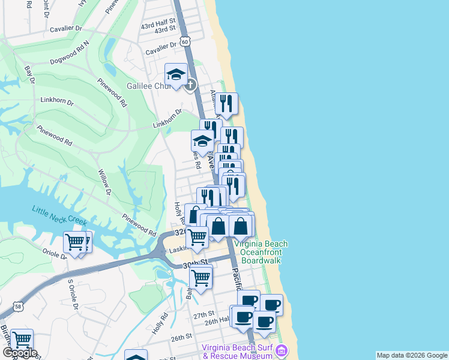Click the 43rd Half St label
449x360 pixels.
click(x=158, y=21)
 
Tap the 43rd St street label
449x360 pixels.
click(x=164, y=29)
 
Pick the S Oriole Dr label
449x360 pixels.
click(x=73, y=293)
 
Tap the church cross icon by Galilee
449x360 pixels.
click(x=190, y=85)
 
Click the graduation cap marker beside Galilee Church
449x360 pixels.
click(x=175, y=75)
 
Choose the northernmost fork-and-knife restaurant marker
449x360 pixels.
click(x=226, y=104)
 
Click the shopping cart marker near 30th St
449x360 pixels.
click(x=200, y=277)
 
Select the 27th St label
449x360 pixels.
click(x=204, y=314)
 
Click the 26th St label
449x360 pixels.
click(x=180, y=338)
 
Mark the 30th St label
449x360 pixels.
click(x=196, y=263)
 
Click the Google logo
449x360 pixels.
click(x=20, y=353)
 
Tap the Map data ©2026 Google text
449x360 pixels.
click(x=412, y=355)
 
